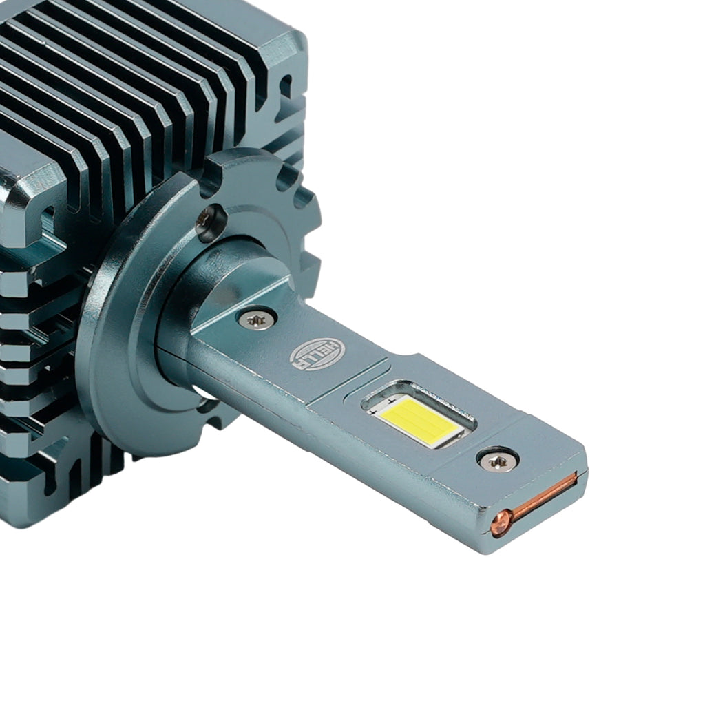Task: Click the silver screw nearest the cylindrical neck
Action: [255, 319]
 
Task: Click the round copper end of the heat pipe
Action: [501, 523]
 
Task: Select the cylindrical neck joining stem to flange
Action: [225, 288]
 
